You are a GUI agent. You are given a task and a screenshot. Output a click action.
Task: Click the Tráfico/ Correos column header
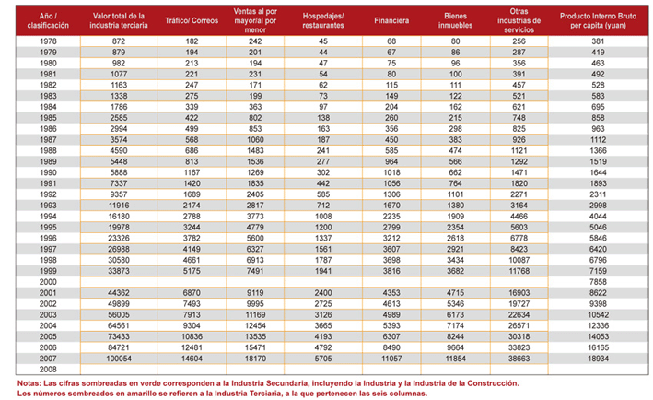[192, 20]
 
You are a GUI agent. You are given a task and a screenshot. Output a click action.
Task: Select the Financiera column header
[391, 20]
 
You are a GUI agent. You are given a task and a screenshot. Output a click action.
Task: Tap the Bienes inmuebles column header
[455, 20]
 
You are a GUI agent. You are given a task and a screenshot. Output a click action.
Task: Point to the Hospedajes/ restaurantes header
[323, 20]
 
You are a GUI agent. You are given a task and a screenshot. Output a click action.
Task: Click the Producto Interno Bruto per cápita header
[598, 20]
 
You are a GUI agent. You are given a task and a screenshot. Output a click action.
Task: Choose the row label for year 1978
[48, 41]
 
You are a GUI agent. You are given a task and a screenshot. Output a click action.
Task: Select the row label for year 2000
[48, 282]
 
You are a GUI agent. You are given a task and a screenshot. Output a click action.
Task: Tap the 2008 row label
[48, 370]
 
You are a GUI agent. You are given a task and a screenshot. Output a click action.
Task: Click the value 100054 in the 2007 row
[119, 359]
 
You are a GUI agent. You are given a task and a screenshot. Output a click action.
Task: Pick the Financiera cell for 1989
[391, 161]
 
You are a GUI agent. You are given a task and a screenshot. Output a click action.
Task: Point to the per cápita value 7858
[598, 282]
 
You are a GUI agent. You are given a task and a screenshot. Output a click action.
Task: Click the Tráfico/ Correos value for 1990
[192, 172]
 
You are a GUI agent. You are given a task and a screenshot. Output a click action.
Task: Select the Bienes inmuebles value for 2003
[455, 314]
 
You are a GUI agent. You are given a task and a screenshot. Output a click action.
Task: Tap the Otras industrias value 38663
[519, 359]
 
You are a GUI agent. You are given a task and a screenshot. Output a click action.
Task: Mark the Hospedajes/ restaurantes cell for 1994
[323, 217]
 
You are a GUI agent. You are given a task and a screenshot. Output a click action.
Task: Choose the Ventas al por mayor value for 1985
[255, 118]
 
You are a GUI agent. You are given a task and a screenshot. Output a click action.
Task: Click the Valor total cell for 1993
[119, 206]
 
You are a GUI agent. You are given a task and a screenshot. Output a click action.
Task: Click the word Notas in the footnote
[29, 383]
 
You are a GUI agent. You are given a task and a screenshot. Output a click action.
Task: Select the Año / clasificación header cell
[48, 20]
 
